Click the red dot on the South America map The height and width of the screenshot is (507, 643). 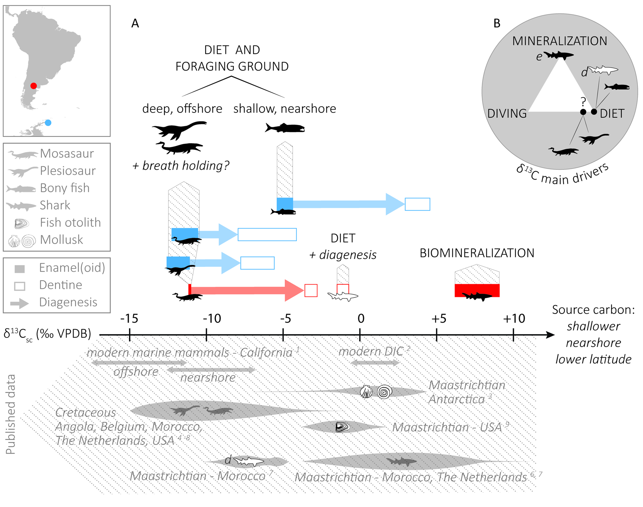pos(33,86)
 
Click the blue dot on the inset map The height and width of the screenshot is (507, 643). pos(48,123)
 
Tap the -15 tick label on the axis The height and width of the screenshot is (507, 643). pos(129,318)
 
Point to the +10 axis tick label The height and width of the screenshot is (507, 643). pos(514,318)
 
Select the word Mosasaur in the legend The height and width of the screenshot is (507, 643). pos(67,153)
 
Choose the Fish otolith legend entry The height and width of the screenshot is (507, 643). pos(70,222)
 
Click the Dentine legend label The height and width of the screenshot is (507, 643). pos(61,285)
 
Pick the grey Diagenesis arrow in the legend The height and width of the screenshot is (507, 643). pos(19,303)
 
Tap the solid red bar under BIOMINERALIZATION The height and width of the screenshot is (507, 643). pos(477,290)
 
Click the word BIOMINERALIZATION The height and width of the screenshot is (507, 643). pos(477,253)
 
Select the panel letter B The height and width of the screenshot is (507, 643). pos(497,24)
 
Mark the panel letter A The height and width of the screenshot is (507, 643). pos(135,24)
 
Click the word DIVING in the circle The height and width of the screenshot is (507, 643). pos(507,114)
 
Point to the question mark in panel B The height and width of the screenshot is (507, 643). pos(583,101)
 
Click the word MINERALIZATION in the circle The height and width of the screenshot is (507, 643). pos(559,41)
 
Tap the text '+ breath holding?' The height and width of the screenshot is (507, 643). pos(181,166)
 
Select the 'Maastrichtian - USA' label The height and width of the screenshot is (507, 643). pos(447,427)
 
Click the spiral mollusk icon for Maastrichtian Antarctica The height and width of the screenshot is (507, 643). pos(384,392)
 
